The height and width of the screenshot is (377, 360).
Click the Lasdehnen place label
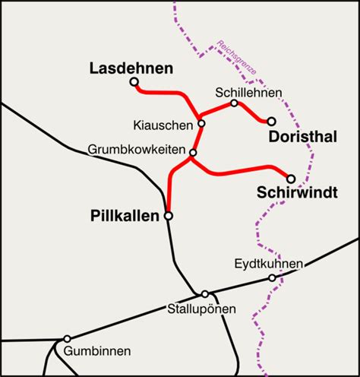[131, 68]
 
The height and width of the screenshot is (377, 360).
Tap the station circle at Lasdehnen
[134, 82]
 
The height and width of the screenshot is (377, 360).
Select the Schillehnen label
[248, 93]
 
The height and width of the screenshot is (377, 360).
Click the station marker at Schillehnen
[234, 103]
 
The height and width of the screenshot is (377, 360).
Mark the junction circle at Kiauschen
[201, 123]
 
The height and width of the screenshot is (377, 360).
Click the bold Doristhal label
[302, 137]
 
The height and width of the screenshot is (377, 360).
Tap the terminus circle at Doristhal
[271, 121]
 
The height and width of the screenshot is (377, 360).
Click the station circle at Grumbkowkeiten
[193, 154]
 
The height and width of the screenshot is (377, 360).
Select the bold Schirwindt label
[297, 193]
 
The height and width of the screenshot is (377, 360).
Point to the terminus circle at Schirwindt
[291, 179]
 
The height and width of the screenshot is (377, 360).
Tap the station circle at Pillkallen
[169, 216]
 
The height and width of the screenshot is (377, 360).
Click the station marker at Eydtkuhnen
[273, 278]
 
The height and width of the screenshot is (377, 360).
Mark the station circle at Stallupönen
[205, 294]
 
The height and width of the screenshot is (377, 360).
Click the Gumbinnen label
[97, 351]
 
